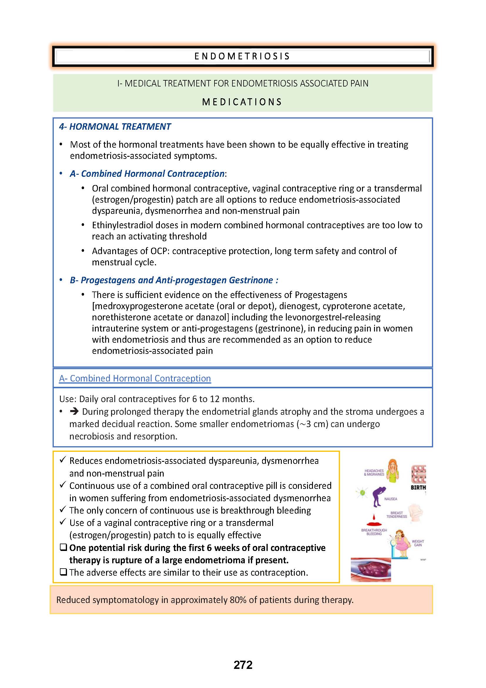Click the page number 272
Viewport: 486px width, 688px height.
coord(243,665)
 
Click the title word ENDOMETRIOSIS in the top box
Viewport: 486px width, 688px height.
coord(242,56)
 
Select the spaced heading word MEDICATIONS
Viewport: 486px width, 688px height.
coord(242,102)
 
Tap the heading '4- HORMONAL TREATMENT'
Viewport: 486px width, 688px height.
coord(115,127)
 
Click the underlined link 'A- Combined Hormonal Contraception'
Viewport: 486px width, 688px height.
coord(135,379)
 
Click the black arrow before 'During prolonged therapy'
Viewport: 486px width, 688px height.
coord(74,412)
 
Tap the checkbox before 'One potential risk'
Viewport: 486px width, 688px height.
coord(63,547)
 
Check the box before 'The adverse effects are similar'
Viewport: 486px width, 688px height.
coord(63,572)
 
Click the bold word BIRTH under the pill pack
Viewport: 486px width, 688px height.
coord(418,487)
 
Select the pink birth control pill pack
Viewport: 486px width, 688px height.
coord(419,473)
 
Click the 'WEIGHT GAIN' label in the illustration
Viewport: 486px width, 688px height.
coord(418,543)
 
